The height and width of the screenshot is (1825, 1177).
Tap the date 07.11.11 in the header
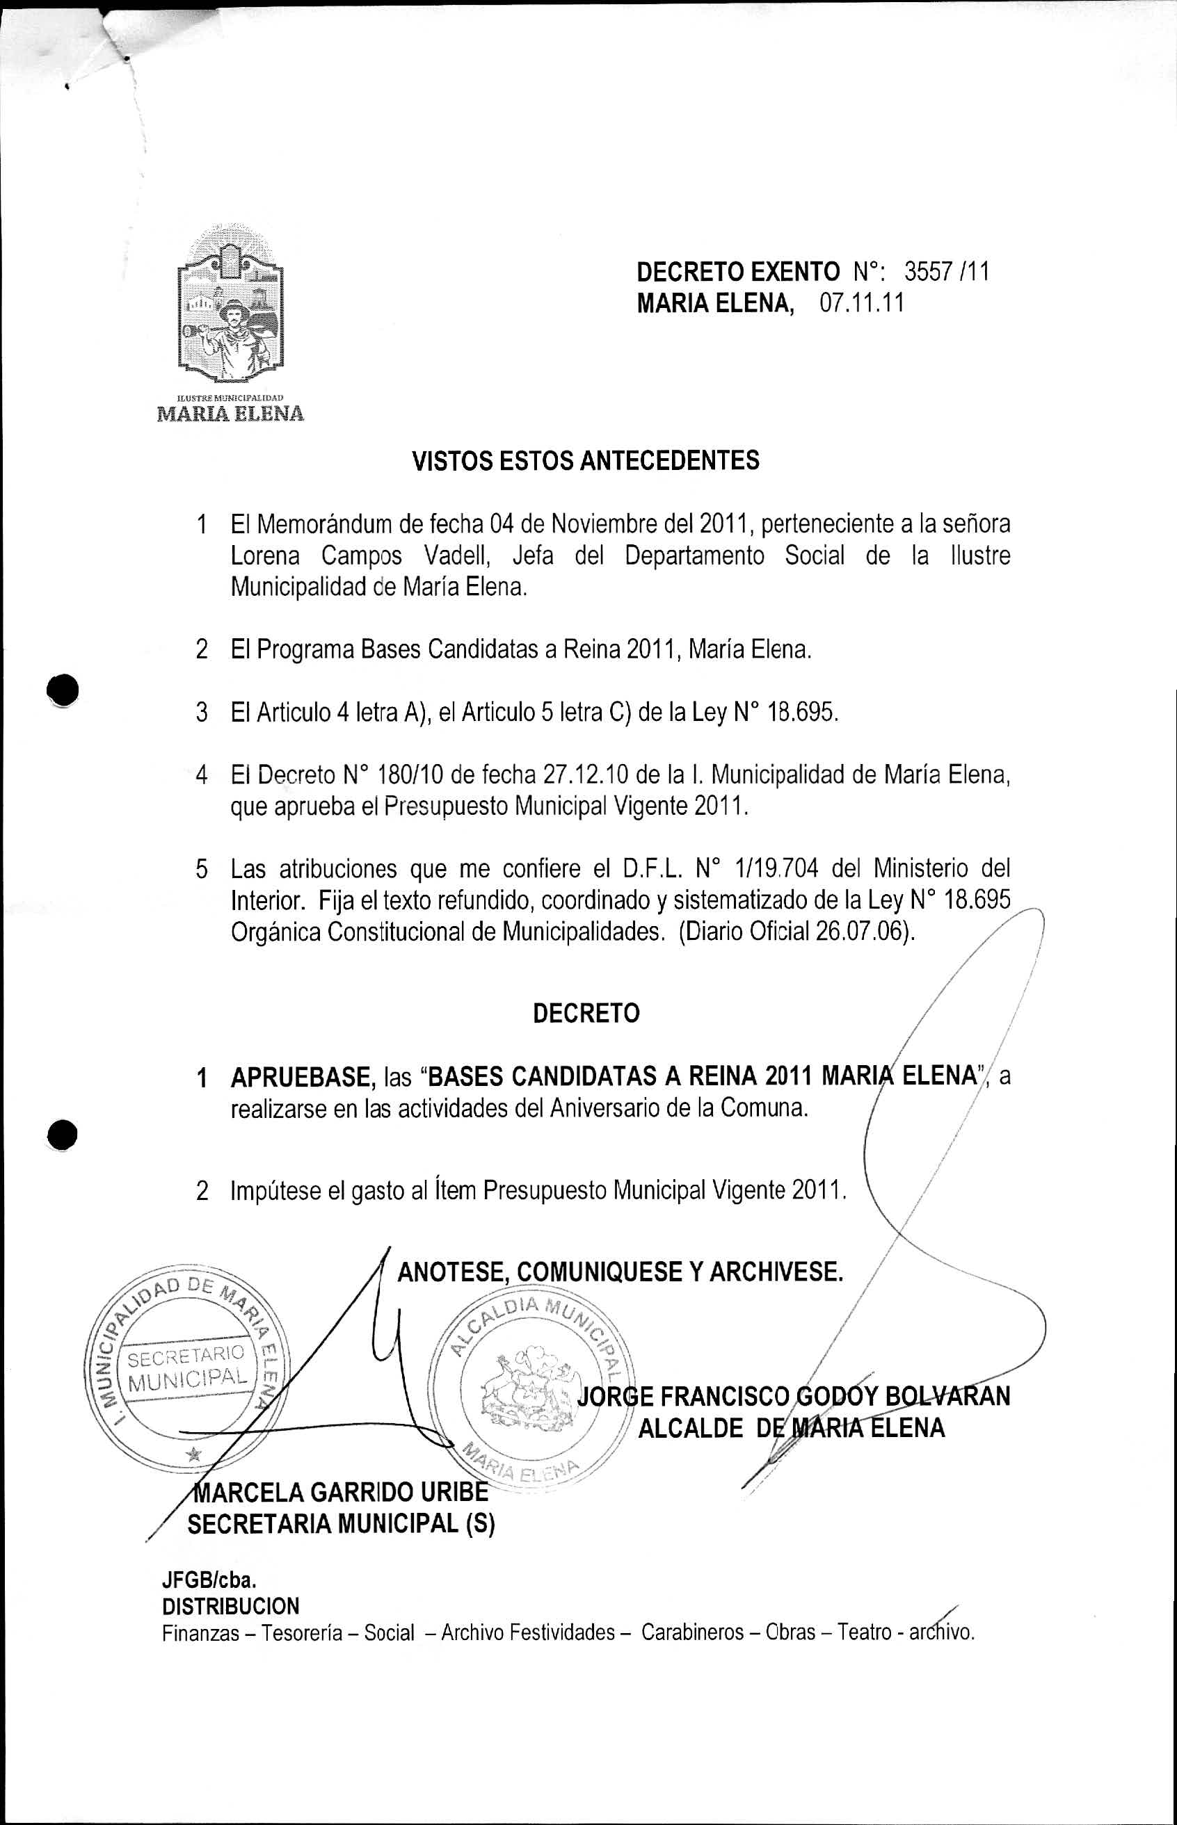tap(861, 303)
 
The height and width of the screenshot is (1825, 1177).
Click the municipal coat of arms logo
tap(230, 306)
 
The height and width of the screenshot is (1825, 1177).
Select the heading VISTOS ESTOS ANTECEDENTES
tap(586, 461)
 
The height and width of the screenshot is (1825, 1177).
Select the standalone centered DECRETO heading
tap(586, 1014)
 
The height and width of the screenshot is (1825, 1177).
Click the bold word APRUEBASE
tap(301, 1076)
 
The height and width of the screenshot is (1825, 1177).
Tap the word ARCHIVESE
tap(776, 1272)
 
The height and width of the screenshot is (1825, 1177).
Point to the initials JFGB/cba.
tap(208, 1578)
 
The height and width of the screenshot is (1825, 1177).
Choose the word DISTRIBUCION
tap(231, 1605)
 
